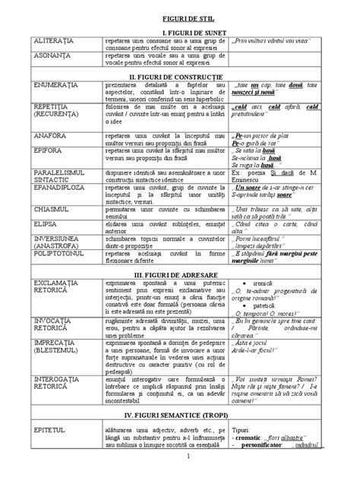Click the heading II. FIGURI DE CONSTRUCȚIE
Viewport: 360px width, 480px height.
point(181,77)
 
